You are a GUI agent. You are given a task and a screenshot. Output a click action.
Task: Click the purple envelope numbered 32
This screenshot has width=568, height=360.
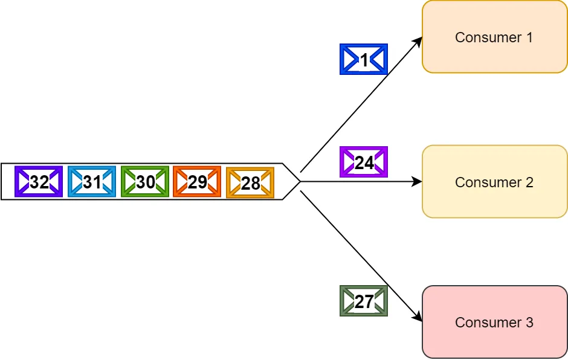[x=39, y=181]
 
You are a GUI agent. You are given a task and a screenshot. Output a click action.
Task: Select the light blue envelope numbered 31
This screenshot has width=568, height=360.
[x=92, y=181]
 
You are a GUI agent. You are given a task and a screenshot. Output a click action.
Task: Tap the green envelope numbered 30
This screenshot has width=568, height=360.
[x=145, y=181]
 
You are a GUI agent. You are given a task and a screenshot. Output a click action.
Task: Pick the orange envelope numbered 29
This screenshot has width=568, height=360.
[x=197, y=181]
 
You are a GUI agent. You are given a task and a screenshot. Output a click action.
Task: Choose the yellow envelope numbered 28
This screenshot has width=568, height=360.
[x=250, y=182]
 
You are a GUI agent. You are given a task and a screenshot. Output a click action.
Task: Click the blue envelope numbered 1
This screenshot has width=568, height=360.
[x=364, y=59]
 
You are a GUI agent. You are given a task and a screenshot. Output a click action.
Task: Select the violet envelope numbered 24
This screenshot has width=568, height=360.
[x=364, y=162]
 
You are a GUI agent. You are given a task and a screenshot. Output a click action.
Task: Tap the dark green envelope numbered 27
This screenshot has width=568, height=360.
[x=364, y=301]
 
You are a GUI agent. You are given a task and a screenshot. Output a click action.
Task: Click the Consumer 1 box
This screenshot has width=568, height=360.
[x=494, y=37]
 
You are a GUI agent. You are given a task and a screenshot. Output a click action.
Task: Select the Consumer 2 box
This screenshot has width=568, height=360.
[x=494, y=181]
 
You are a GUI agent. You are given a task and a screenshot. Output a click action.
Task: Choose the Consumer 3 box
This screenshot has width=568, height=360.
[x=494, y=322]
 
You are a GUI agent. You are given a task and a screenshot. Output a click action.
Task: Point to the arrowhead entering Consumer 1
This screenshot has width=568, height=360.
[x=418, y=40]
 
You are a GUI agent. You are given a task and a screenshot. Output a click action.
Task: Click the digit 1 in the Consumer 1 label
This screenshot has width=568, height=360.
[x=529, y=37]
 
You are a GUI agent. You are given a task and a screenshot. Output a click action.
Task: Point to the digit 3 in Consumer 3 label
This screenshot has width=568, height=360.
[x=529, y=323]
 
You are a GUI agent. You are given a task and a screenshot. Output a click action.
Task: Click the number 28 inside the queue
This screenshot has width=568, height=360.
[x=250, y=183]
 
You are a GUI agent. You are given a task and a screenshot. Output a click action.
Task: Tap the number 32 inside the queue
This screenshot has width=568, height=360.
[x=39, y=182]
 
